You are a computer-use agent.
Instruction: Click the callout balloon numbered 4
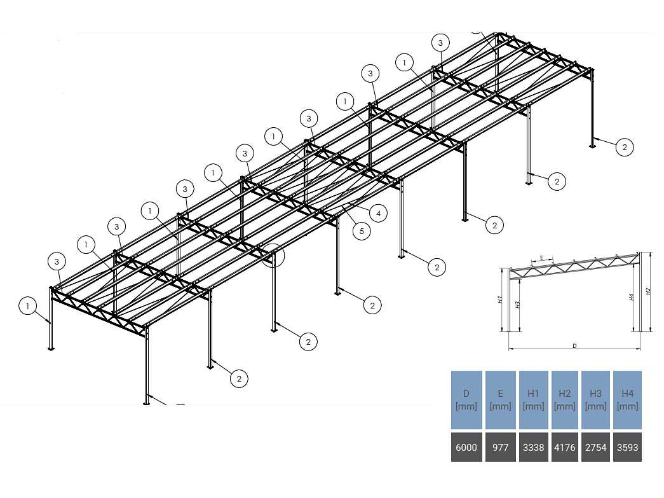pos(378,214)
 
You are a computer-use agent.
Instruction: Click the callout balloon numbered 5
pos(362,231)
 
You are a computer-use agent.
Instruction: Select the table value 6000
pos(466,448)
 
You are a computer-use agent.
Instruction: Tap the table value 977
pos(500,448)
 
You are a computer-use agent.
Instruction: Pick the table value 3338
pos(532,448)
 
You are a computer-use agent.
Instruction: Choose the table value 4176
pos(565,448)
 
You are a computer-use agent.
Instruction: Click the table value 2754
pos(595,448)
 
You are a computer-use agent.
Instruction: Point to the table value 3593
pos(627,448)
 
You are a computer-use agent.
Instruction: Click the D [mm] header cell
pos(466,399)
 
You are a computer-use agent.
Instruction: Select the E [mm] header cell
pos(500,399)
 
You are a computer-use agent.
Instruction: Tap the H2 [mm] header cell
pos(565,399)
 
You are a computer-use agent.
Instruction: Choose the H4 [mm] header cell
pos(627,399)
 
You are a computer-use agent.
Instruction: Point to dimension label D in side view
pos(574,346)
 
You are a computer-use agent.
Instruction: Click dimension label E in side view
pos(541,258)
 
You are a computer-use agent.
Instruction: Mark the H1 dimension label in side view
pos(501,299)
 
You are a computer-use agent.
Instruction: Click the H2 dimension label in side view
pos(648,291)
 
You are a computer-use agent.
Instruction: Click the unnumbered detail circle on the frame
pos(274,255)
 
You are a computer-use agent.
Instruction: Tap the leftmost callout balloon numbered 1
pos(28,307)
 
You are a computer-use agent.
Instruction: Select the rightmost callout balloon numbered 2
pos(625,147)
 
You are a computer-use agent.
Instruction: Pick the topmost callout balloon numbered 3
pos(440,43)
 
